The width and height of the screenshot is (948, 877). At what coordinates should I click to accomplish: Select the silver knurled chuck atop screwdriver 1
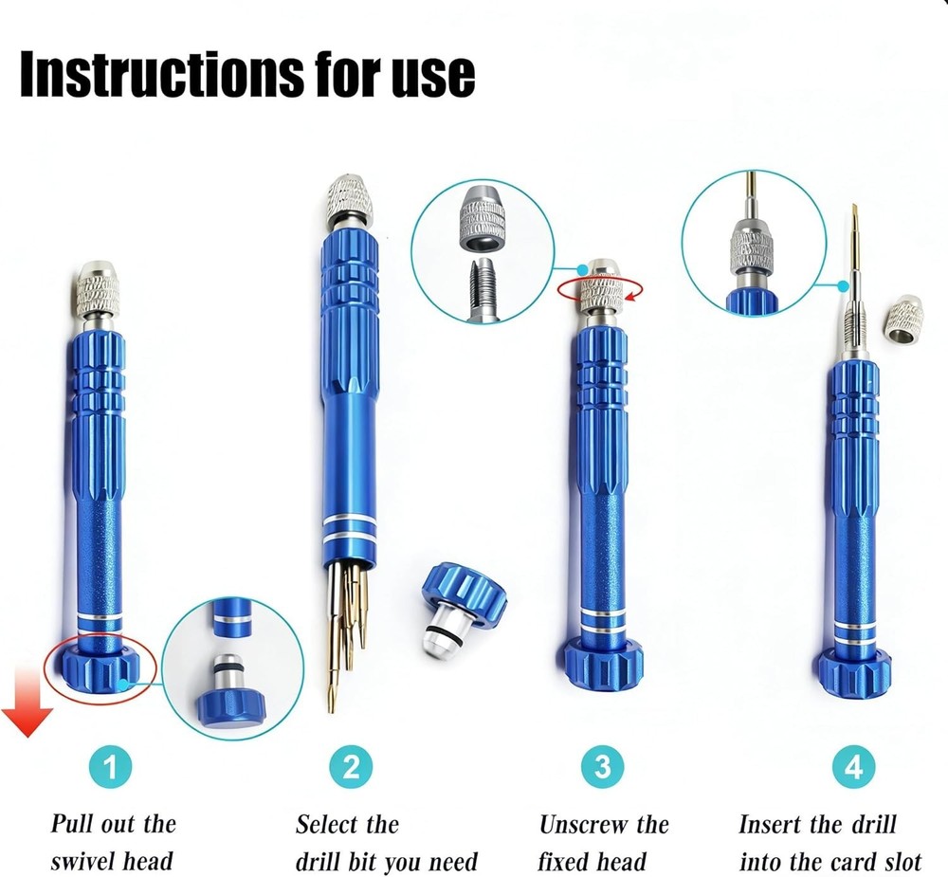pos(98,288)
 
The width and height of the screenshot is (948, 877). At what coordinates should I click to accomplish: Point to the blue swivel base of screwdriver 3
pos(602,659)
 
